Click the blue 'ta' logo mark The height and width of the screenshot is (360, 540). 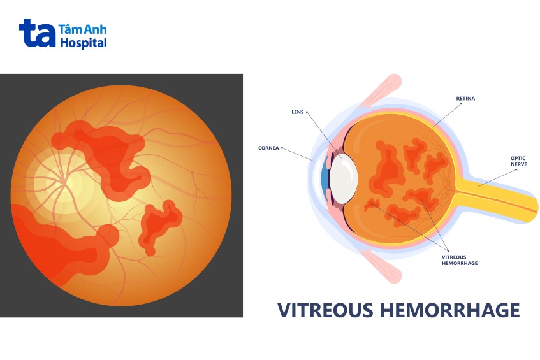37,33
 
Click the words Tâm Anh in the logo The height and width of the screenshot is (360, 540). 83,29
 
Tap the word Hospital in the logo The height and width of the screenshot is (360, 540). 84,43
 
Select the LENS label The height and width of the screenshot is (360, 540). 298,112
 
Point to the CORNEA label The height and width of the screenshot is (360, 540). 268,148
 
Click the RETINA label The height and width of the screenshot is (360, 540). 465,98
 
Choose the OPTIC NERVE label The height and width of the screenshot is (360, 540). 518,161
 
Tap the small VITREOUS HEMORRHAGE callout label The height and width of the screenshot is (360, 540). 460,260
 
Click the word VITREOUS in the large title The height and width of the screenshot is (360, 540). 325,310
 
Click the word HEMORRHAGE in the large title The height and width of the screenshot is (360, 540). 449,310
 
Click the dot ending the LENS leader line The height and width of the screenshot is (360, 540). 307,112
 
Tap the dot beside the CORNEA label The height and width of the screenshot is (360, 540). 282,148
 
